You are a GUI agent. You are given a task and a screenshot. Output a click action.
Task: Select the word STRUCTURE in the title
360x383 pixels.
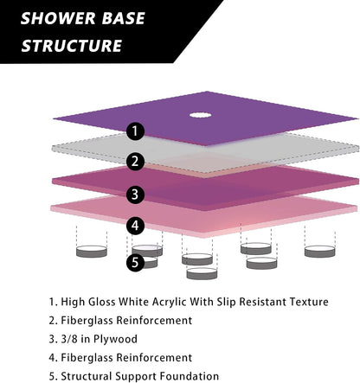(x=72, y=46)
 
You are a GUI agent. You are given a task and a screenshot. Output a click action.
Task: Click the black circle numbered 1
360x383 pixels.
(x=135, y=131)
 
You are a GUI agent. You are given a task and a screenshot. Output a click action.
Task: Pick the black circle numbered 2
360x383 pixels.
(x=135, y=162)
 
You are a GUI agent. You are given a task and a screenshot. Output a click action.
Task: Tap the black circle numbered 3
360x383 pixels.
(x=135, y=195)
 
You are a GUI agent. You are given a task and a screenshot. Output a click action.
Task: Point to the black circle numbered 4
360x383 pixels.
(x=135, y=226)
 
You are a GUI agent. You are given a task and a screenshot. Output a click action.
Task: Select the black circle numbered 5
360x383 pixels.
(x=135, y=263)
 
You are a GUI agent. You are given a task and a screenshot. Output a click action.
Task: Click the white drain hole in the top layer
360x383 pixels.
(x=200, y=115)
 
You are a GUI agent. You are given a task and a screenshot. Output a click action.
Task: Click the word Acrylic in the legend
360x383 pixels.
(x=169, y=302)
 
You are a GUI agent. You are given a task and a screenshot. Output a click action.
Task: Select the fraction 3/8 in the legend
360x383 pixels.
(x=69, y=339)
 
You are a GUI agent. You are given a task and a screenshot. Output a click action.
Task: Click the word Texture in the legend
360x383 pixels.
(x=309, y=302)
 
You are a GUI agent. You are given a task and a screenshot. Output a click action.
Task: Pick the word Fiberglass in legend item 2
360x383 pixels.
(x=87, y=321)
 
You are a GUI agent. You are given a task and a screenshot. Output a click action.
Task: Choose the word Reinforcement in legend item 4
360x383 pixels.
(x=154, y=358)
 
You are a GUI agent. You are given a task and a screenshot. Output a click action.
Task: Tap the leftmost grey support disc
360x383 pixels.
(x=92, y=252)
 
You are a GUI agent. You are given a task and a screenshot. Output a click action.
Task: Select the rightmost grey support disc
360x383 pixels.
(x=320, y=252)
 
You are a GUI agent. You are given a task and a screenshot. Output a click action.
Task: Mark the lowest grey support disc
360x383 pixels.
(x=202, y=273)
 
